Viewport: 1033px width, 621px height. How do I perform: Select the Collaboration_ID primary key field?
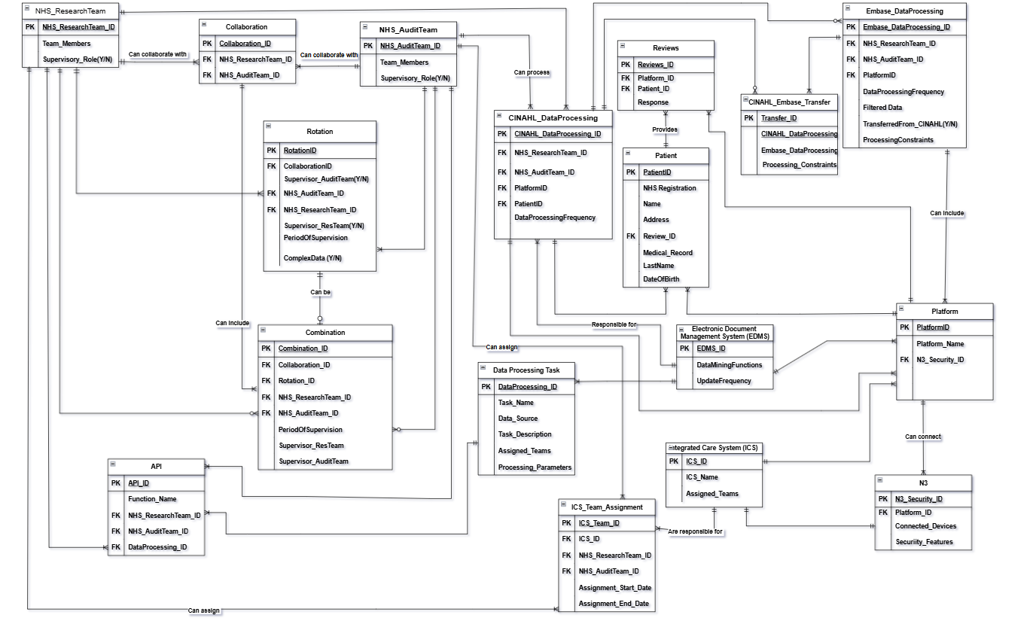point(245,44)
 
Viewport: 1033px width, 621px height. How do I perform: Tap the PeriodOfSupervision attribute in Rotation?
point(315,238)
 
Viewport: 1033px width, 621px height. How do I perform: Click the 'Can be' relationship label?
point(320,292)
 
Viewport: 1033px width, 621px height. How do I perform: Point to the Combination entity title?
point(325,332)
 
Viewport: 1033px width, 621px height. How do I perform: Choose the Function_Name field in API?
point(152,499)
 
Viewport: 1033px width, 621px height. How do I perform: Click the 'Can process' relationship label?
point(532,73)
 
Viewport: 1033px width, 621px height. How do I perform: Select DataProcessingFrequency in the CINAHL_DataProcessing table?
point(554,218)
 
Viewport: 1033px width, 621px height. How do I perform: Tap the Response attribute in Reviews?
point(653,102)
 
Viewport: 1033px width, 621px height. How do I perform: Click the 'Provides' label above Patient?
point(665,129)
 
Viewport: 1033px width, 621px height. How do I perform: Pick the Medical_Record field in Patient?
point(667,253)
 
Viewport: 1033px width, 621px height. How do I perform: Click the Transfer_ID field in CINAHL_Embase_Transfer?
point(779,118)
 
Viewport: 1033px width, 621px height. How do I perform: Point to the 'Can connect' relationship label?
point(922,437)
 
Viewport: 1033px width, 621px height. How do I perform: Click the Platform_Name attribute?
point(940,344)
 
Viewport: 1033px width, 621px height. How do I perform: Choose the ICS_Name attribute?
point(701,477)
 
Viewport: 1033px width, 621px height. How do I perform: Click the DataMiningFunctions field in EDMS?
point(729,365)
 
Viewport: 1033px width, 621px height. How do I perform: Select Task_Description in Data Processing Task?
point(525,434)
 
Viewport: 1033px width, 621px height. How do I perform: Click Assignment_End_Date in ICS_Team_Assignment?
point(614,604)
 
